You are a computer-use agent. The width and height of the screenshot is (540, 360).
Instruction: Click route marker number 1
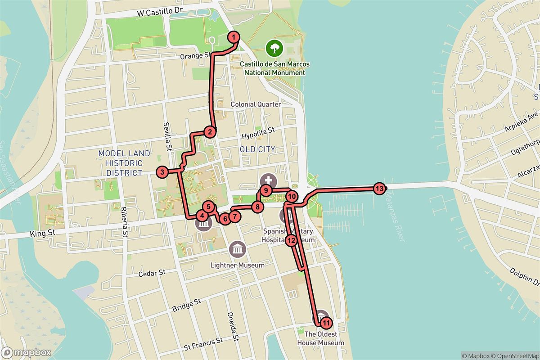(234, 36)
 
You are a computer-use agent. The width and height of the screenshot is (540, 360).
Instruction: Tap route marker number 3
(162, 171)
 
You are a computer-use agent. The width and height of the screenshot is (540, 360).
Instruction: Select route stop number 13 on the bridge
(379, 189)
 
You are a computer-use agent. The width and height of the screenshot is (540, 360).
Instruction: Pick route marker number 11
(326, 323)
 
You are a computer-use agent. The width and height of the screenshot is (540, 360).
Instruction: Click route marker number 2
(209, 132)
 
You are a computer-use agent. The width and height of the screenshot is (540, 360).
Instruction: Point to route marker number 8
(257, 207)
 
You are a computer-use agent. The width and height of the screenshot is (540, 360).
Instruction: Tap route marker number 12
(291, 240)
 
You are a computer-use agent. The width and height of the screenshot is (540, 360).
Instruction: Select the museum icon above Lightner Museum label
(237, 248)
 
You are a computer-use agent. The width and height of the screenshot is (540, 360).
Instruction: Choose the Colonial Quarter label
(256, 104)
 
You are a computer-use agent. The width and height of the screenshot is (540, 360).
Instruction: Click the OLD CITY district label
(257, 149)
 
